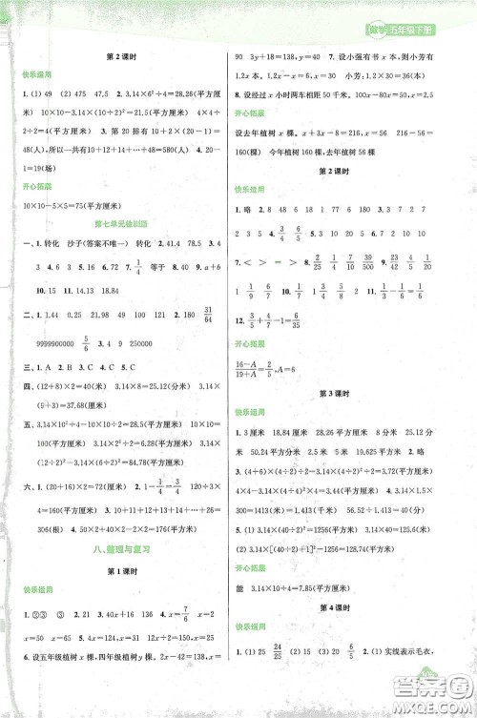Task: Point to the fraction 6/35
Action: [x=312, y=321]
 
